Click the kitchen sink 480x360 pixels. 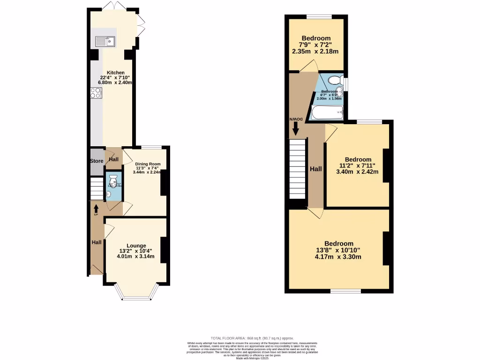point(105,42)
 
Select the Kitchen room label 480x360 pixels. point(116,73)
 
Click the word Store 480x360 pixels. point(97,161)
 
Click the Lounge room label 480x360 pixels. point(135,246)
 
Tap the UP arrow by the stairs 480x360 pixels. point(96,208)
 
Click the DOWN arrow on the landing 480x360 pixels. point(296,127)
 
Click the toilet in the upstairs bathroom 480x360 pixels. point(335,80)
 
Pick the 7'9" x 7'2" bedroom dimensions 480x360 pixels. point(316,45)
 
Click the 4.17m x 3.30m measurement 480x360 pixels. point(339,256)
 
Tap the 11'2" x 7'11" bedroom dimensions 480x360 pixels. point(357,165)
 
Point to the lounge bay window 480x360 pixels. point(135,293)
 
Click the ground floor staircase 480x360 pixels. point(97,188)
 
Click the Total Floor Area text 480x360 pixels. point(253,338)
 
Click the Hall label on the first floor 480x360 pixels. point(315,169)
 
